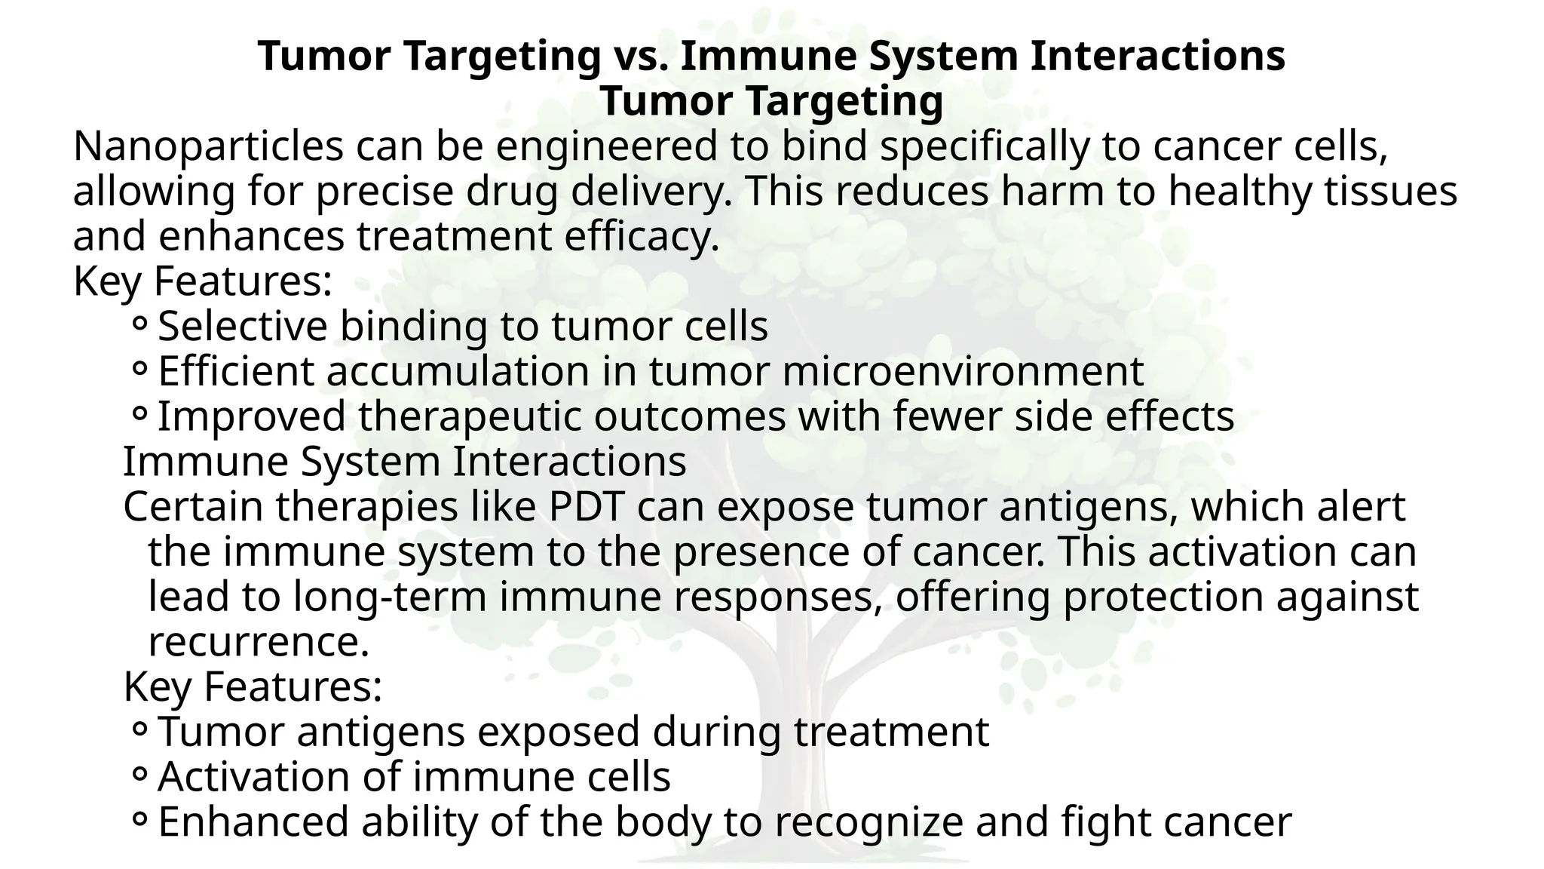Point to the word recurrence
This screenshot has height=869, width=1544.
(x=258, y=642)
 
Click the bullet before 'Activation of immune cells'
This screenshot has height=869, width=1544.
(x=139, y=775)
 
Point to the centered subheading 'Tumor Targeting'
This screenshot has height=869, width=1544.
(x=771, y=102)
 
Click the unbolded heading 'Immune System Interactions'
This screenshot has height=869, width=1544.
(x=404, y=462)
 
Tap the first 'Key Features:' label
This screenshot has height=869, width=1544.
(x=203, y=281)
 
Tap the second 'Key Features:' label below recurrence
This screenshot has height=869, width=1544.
(x=253, y=686)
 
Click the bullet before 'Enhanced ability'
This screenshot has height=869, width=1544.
(x=139, y=821)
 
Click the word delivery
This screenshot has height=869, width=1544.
(x=650, y=192)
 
